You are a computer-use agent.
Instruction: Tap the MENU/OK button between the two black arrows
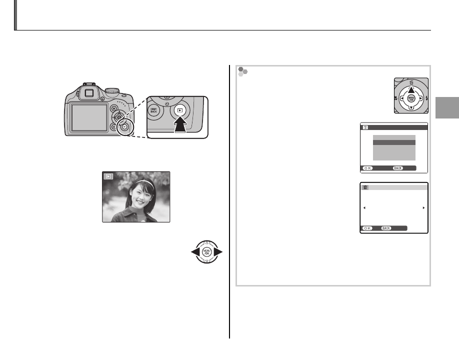206,251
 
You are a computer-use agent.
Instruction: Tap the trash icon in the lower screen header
365,187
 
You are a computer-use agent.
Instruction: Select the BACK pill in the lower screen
386,228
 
